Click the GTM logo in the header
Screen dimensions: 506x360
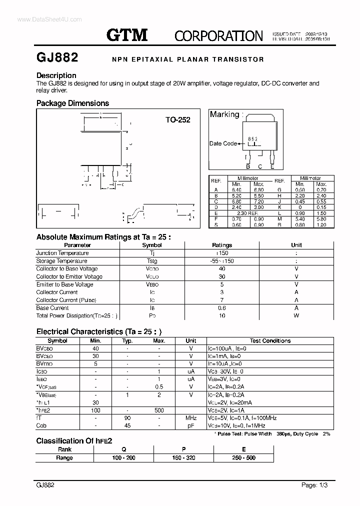[127, 34]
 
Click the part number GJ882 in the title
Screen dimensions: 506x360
[57, 57]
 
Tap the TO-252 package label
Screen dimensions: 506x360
[178, 120]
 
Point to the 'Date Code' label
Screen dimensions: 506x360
[223, 143]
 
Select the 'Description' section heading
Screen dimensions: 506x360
[56, 75]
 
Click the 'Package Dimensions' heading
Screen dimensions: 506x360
[72, 103]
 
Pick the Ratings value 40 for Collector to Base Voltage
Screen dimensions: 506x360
[222, 269]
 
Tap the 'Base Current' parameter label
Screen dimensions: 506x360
[52, 308]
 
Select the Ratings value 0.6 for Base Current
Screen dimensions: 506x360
[222, 308]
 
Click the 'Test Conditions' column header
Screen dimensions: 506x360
[270, 341]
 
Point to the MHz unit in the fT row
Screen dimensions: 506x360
[191, 418]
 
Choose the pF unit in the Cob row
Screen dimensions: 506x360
[191, 425]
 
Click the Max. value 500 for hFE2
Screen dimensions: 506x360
[159, 410]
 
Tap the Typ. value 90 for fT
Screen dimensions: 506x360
[127, 418]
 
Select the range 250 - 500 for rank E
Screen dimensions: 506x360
[243, 458]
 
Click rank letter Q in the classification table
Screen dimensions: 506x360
[123, 449]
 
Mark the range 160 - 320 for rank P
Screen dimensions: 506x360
[183, 458]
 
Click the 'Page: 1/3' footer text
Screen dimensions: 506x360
[315, 485]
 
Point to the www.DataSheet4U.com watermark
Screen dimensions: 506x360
[42, 19]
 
